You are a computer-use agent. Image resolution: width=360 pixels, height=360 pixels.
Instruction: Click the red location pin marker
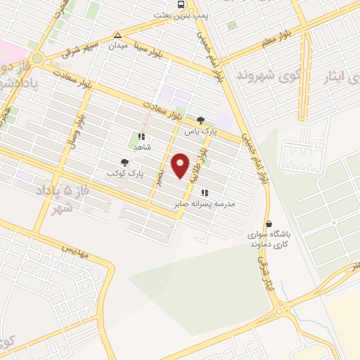coord(181,165)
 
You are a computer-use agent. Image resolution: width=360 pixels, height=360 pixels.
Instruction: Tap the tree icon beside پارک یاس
coord(201,120)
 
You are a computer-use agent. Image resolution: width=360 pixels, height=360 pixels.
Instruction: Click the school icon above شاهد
coord(141,136)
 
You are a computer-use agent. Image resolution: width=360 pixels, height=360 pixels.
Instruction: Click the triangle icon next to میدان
coord(118,34)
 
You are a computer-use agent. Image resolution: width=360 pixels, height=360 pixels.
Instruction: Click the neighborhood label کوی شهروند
coord(264,74)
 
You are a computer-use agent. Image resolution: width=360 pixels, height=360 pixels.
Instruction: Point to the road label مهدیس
coord(76,250)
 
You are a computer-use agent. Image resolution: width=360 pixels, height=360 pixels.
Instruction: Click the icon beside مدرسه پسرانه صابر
coord(204,193)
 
